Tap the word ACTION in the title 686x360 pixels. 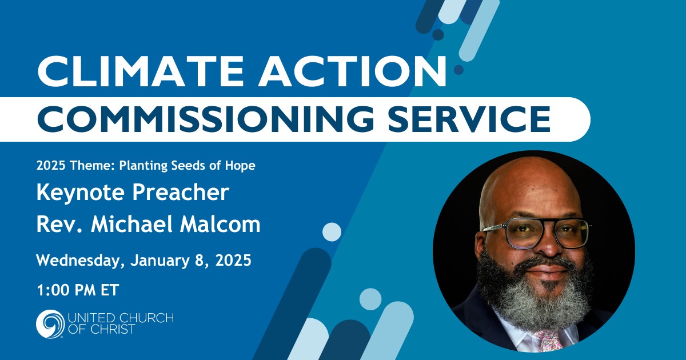(352, 71)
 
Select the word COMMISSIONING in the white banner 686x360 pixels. (205, 119)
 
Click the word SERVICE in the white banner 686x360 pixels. (469, 119)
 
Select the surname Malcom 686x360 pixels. (220, 225)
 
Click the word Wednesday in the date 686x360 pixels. (80, 261)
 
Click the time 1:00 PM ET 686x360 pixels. (78, 290)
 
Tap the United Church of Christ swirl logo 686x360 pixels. (50, 323)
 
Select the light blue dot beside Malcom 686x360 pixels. (332, 232)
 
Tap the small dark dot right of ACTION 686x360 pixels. (458, 70)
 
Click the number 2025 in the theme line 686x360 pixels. (51, 166)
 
